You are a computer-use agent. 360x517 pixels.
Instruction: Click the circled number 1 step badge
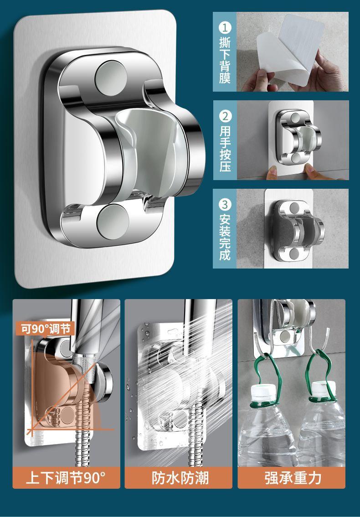click(x=225, y=27)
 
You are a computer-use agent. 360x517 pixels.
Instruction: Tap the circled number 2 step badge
click(x=225, y=116)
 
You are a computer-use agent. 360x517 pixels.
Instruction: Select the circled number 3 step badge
click(x=225, y=204)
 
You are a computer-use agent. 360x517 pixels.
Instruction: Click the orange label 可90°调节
click(x=45, y=329)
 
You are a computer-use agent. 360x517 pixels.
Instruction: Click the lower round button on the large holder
click(x=113, y=222)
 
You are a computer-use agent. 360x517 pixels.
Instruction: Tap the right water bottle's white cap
click(x=324, y=390)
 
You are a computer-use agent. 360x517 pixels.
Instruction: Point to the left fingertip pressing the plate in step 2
click(x=272, y=172)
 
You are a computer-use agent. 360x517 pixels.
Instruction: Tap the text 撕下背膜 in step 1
click(x=225, y=60)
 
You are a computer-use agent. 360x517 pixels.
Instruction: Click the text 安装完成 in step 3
click(x=225, y=237)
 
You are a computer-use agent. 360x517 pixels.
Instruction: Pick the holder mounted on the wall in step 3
click(x=295, y=230)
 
